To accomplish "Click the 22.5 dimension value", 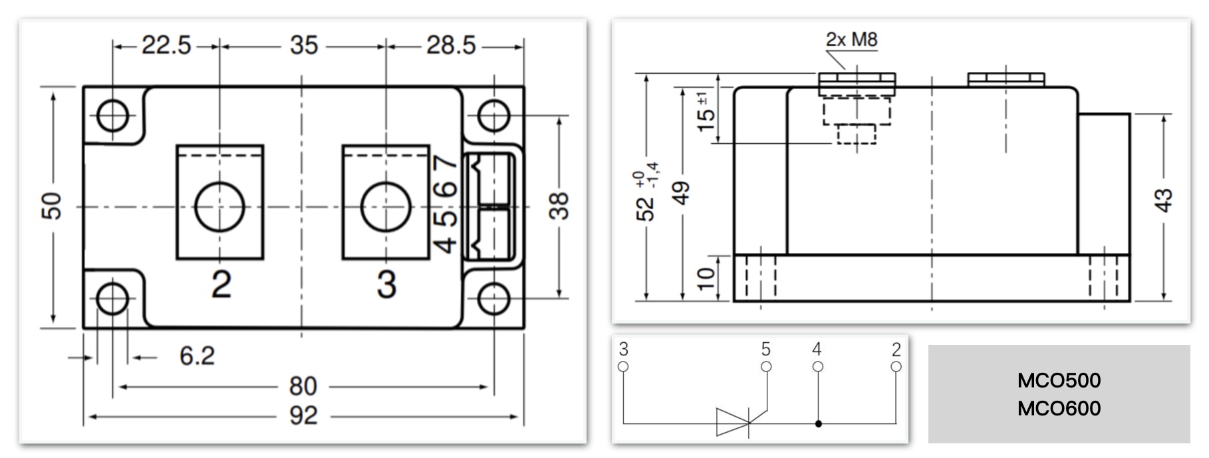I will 166,45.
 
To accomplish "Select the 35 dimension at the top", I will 303,45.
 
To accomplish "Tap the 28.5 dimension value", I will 452,45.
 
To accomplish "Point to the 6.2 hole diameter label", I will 197,356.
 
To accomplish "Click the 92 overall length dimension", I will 303,415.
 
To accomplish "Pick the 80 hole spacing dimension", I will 303,386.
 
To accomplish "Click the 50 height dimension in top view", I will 52,206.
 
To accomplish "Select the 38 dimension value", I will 559,206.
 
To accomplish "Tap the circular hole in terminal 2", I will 219,206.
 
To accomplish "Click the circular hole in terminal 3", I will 386,206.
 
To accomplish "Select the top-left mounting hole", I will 112,116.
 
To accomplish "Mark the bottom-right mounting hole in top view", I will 493,298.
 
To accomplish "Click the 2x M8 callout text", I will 851,39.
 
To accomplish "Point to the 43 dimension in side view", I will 1163,200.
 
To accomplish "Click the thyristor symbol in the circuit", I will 734,422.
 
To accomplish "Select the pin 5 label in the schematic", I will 766,349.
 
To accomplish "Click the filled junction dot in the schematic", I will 818,423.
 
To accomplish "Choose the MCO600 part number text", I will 1059,408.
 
